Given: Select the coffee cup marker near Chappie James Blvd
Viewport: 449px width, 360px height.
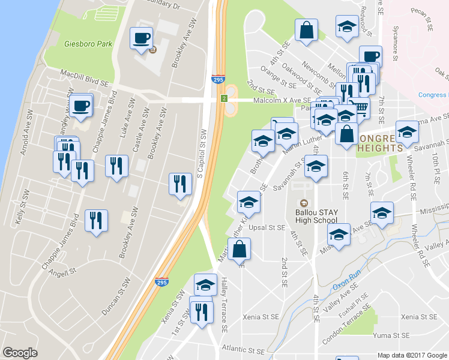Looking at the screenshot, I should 81,106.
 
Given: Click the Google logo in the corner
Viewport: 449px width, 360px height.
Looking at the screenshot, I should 20,353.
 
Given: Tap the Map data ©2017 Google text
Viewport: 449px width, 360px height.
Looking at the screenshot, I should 411,355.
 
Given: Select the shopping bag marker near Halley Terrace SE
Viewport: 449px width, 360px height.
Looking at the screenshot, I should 239,250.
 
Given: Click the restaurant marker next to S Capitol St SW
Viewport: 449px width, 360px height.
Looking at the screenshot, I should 179,185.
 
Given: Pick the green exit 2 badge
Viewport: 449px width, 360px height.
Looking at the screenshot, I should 223,98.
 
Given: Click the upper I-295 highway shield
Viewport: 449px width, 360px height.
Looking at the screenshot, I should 218,79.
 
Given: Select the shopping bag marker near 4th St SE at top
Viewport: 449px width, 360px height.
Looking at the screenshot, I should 306,31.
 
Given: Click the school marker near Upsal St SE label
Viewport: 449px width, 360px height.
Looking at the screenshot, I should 249,203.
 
